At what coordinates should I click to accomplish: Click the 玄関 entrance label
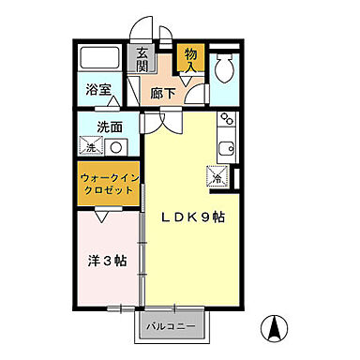(x=142, y=62)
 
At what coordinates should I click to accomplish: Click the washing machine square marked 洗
(x=92, y=146)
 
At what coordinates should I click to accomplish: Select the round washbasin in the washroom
(x=117, y=146)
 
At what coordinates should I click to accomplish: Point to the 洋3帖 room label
(x=105, y=258)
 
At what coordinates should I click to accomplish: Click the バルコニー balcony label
(x=180, y=326)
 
